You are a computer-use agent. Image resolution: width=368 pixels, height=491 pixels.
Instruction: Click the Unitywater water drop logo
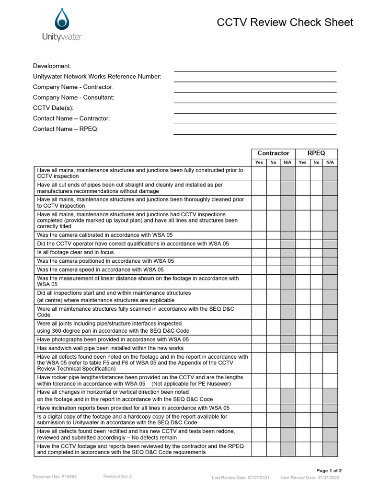point(62,19)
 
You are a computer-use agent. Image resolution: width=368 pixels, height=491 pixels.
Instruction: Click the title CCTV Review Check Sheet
point(285,23)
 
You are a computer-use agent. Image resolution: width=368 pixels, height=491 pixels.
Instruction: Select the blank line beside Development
point(254,67)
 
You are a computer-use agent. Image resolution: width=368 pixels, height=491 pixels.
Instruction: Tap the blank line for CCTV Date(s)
point(254,109)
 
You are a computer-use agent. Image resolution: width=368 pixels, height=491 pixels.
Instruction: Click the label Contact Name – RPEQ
point(66,129)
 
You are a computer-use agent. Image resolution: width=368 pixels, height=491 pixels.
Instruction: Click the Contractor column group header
point(273,153)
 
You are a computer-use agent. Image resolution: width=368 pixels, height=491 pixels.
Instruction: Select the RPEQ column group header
point(316,153)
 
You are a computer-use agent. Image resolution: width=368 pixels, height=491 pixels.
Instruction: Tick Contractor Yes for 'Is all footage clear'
point(259,252)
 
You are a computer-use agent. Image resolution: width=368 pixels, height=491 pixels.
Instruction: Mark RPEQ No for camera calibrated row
point(316,235)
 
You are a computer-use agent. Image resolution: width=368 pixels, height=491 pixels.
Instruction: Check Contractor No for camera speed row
point(273,270)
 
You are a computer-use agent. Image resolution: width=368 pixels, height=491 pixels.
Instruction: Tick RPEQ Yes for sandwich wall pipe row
point(302,348)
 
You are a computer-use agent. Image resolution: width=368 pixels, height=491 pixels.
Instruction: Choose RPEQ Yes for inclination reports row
point(302,408)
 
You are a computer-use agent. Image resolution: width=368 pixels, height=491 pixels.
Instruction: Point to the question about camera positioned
point(105,261)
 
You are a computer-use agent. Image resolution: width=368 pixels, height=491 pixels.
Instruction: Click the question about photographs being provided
point(113,339)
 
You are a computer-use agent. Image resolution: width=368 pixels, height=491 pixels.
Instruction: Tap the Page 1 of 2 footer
point(329,471)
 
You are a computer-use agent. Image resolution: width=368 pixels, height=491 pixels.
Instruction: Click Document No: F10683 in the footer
point(55,477)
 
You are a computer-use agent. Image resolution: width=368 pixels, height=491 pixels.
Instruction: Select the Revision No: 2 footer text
point(117,477)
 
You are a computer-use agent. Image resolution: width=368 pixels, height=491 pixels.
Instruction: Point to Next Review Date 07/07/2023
point(310,478)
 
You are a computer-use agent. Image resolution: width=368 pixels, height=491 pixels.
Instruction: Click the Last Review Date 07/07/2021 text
point(241,478)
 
